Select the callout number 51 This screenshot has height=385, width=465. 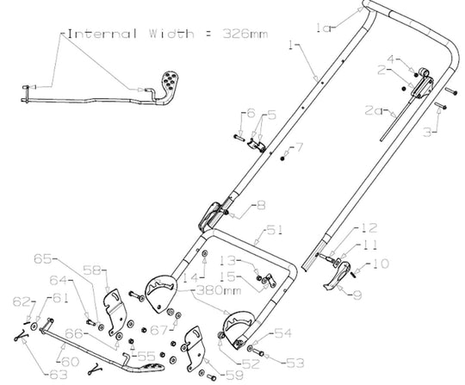(x=275, y=230)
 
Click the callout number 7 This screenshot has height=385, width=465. (x=300, y=146)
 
